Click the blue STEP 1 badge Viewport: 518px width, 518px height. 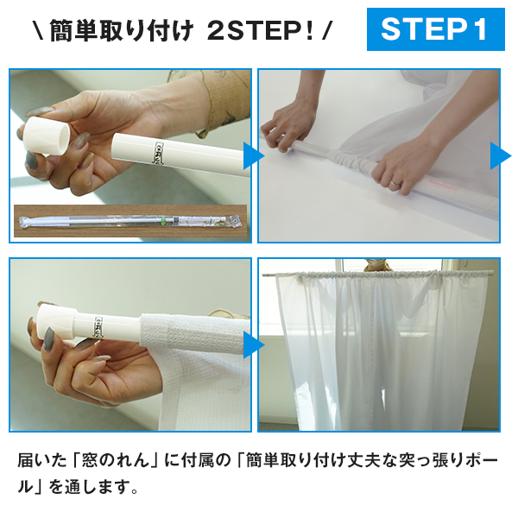(435, 29)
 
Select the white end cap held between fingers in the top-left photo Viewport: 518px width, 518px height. (47, 136)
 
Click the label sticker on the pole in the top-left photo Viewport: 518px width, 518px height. (160, 152)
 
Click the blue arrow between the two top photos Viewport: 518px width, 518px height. (254, 155)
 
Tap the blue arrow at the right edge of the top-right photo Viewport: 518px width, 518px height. (500, 155)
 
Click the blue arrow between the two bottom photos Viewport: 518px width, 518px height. (254, 344)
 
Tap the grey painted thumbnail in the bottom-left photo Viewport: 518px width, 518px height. (48, 338)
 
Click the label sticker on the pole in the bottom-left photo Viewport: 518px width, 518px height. (99, 327)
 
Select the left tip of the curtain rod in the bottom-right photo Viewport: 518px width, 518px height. (263, 275)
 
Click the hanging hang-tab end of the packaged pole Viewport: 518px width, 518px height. (234, 220)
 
